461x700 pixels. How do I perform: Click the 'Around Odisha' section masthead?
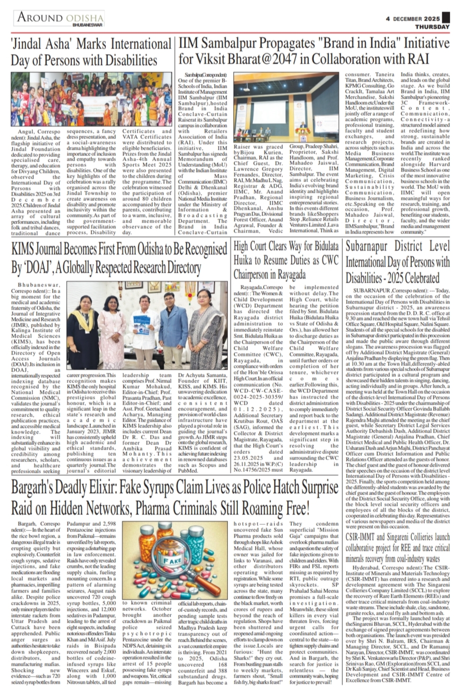pos(61,18)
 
